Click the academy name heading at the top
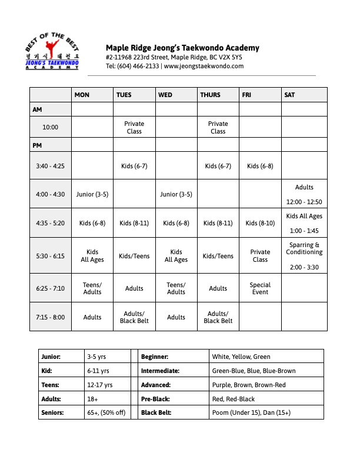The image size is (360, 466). (x=182, y=48)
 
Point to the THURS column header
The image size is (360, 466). (x=210, y=95)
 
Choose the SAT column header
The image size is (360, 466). (x=290, y=95)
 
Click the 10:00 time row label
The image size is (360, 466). (x=51, y=127)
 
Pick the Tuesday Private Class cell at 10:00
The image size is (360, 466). (x=134, y=127)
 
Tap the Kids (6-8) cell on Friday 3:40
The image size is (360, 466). (x=260, y=166)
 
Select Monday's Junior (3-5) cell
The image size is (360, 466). (x=92, y=194)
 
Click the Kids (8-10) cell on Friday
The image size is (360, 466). (x=260, y=223)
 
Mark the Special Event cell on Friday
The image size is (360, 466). (x=260, y=288)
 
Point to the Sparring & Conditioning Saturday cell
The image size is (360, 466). (x=304, y=248)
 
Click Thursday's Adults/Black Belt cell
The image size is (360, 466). (x=218, y=317)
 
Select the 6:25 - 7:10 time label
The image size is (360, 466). (x=51, y=288)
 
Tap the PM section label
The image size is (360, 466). (x=37, y=145)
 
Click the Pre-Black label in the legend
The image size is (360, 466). (x=156, y=399)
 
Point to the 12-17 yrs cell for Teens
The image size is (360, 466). (x=99, y=385)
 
